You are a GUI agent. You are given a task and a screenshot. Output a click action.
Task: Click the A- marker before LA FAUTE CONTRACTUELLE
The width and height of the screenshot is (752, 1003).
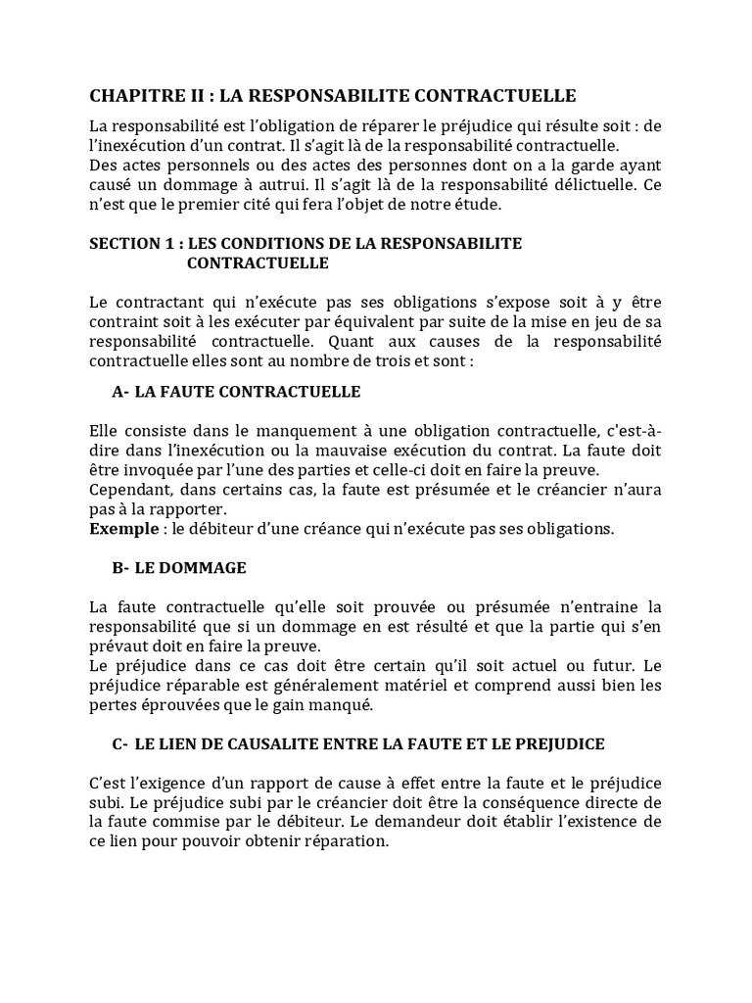click(121, 392)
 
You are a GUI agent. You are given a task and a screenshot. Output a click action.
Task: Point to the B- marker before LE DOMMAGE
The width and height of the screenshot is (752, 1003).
click(121, 568)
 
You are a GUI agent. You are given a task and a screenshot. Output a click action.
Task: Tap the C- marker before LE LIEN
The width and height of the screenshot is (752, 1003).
click(121, 744)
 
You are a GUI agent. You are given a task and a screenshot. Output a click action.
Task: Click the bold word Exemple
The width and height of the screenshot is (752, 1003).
click(121, 529)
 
